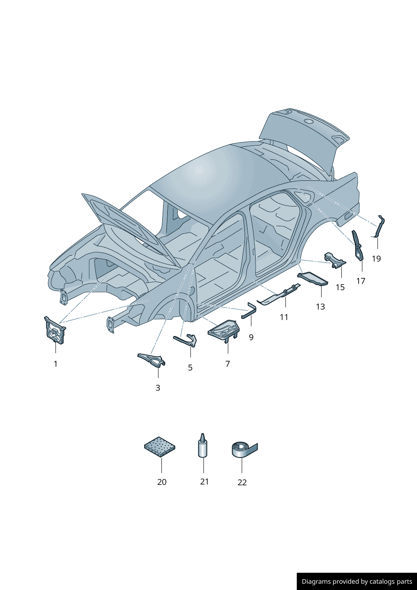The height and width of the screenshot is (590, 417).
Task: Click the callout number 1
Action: point(55,364)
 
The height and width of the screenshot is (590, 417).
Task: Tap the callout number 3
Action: point(158,388)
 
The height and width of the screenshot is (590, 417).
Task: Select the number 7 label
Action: point(228,363)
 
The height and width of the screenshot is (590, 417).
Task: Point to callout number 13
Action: point(320,307)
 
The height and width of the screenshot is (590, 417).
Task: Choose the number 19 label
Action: point(377,259)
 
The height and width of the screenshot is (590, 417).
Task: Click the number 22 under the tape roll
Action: point(242,482)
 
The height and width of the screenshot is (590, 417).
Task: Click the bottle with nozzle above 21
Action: point(203,446)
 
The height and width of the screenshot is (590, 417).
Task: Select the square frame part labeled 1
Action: point(55,331)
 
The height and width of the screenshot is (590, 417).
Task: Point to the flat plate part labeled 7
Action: point(224,331)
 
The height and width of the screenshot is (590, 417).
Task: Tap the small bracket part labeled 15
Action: point(335,261)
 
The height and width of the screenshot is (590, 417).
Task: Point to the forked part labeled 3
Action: point(151,359)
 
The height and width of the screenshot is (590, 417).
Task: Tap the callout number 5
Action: point(190,368)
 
